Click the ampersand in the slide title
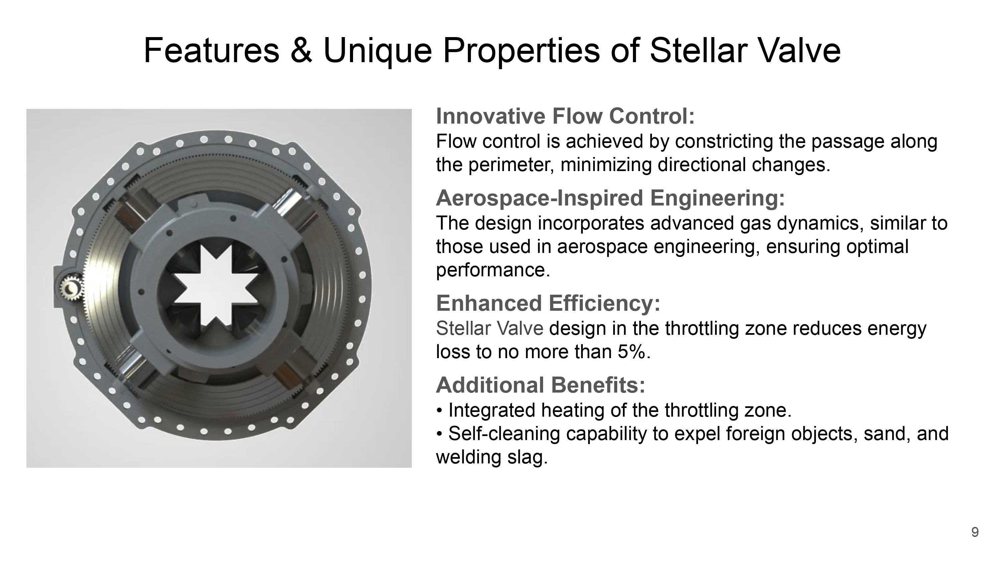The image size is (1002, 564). (x=301, y=50)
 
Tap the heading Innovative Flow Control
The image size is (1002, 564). (x=565, y=116)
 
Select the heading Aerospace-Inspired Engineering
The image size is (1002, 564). (x=610, y=198)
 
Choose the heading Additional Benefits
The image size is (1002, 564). (x=541, y=385)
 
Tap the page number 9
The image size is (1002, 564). (x=975, y=532)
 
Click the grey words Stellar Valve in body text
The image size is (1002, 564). (x=489, y=328)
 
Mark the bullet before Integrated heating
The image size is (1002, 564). (x=440, y=411)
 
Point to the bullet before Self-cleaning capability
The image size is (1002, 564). (x=440, y=434)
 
